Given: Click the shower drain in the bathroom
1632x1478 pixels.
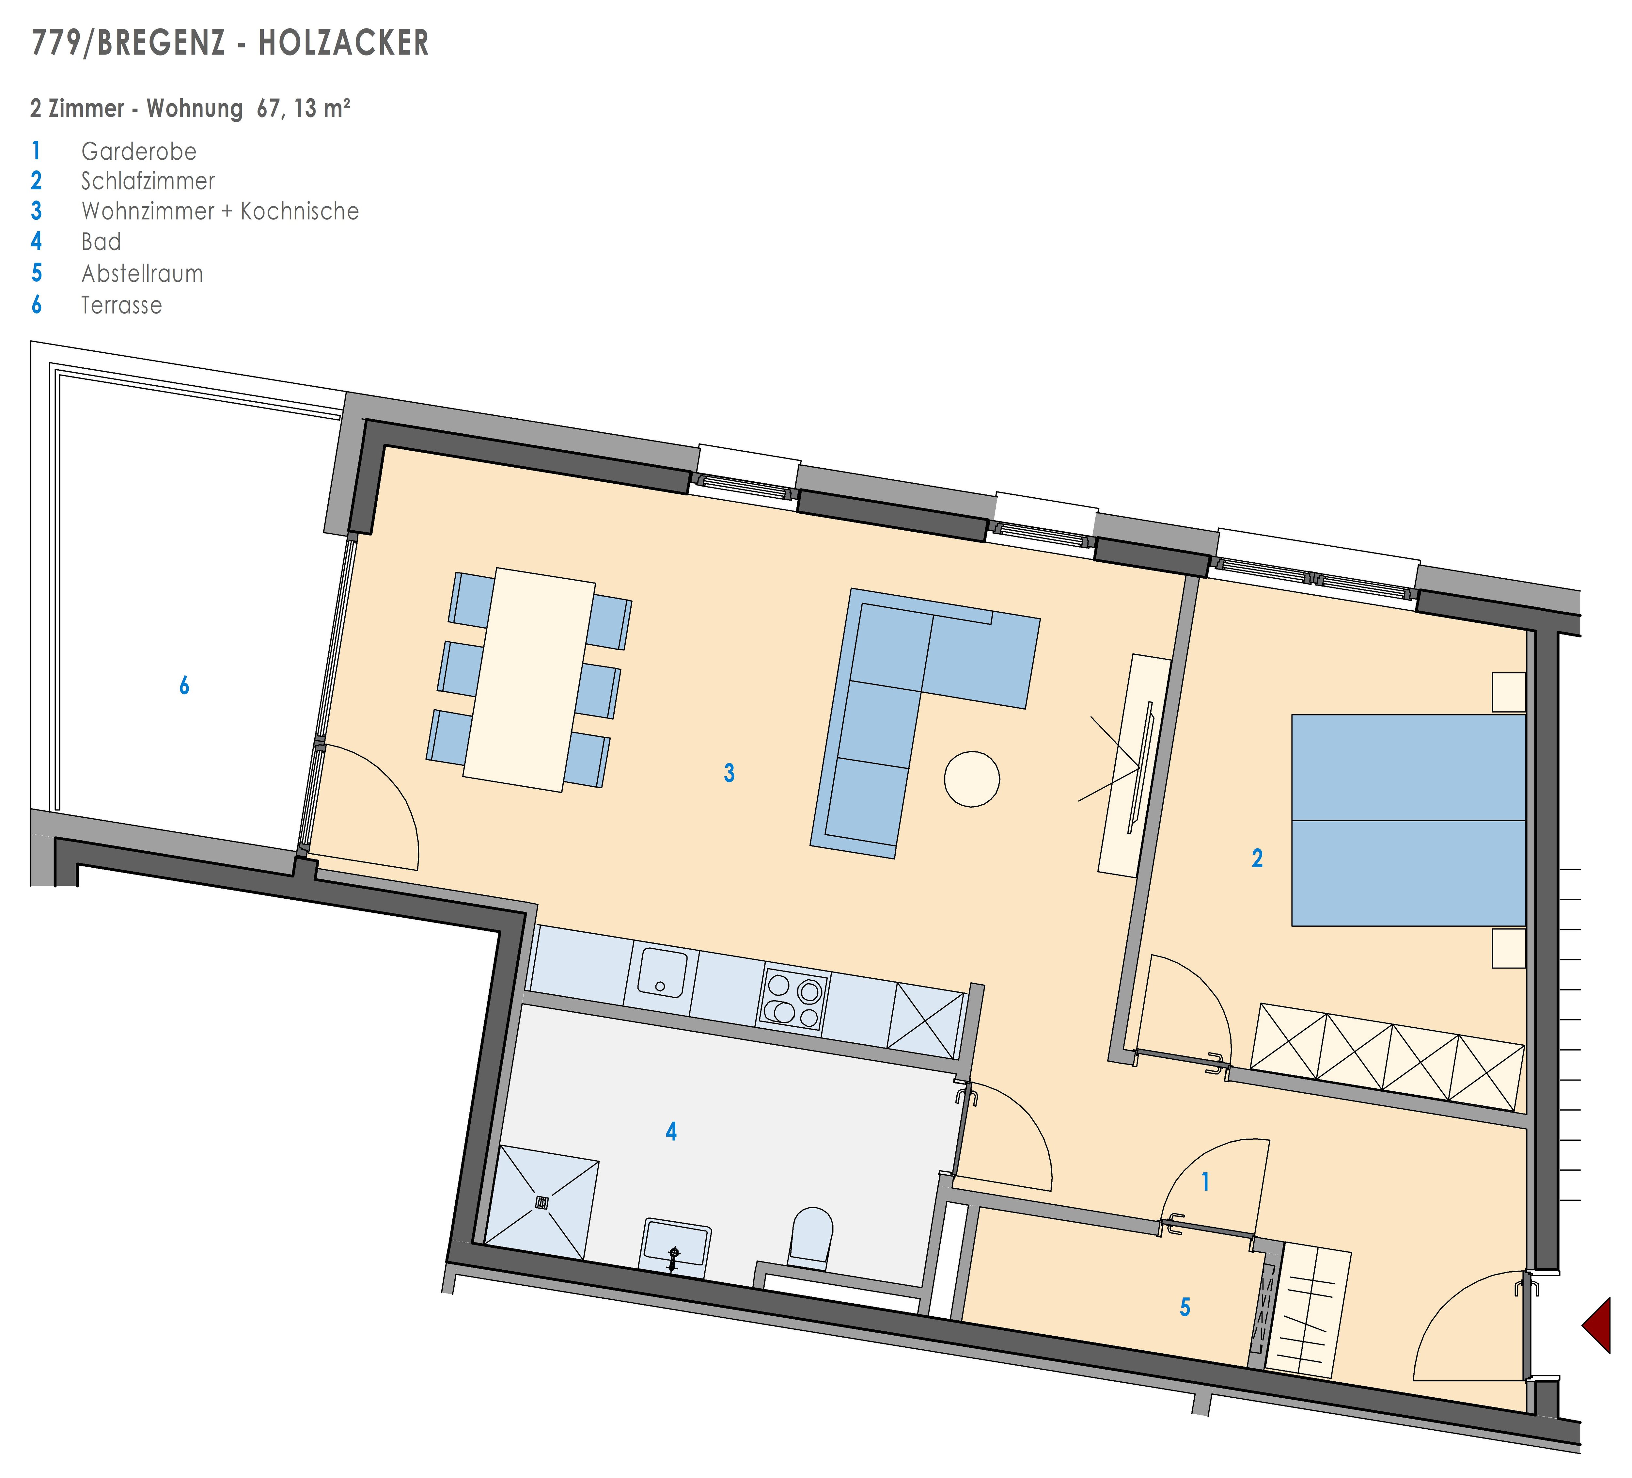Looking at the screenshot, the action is (541, 1203).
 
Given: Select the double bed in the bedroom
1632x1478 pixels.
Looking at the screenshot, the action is (1408, 820).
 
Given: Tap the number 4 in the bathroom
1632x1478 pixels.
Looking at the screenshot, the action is (671, 1132).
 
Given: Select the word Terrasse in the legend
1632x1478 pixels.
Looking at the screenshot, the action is (121, 305).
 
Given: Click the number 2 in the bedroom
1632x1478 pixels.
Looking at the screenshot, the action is (1257, 859).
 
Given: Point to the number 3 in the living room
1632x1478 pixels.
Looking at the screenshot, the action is (730, 773).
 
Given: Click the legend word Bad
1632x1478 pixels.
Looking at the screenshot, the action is (101, 242).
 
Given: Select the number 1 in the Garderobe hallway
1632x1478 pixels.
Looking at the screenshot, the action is (1205, 1182).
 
